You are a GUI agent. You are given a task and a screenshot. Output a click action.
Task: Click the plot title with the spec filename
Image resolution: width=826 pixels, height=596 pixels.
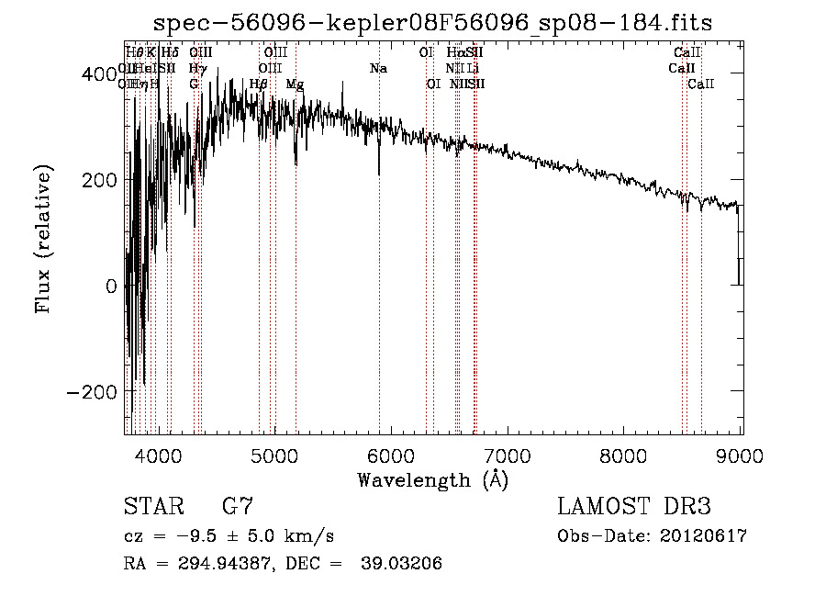[x=431, y=22]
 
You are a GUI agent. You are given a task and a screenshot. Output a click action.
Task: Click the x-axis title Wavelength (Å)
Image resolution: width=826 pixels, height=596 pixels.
[x=432, y=479]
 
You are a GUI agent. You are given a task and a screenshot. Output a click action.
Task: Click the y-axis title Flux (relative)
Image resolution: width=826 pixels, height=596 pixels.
[x=43, y=239]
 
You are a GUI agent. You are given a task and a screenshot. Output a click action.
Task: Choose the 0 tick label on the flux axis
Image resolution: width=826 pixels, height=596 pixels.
[x=112, y=286]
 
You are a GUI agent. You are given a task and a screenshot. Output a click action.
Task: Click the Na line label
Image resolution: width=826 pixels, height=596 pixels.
[x=378, y=68]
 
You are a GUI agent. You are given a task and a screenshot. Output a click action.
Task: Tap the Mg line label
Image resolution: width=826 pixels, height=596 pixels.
[x=295, y=84]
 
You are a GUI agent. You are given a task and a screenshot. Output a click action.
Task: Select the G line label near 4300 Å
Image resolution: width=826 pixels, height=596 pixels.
[x=194, y=84]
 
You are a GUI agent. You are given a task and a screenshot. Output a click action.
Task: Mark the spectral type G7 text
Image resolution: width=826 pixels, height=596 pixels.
[x=237, y=506]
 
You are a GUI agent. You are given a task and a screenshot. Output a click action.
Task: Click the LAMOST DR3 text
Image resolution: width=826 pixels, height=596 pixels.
[x=634, y=506]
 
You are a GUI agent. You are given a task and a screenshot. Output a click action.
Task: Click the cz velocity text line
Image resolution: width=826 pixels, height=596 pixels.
[x=229, y=536]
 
